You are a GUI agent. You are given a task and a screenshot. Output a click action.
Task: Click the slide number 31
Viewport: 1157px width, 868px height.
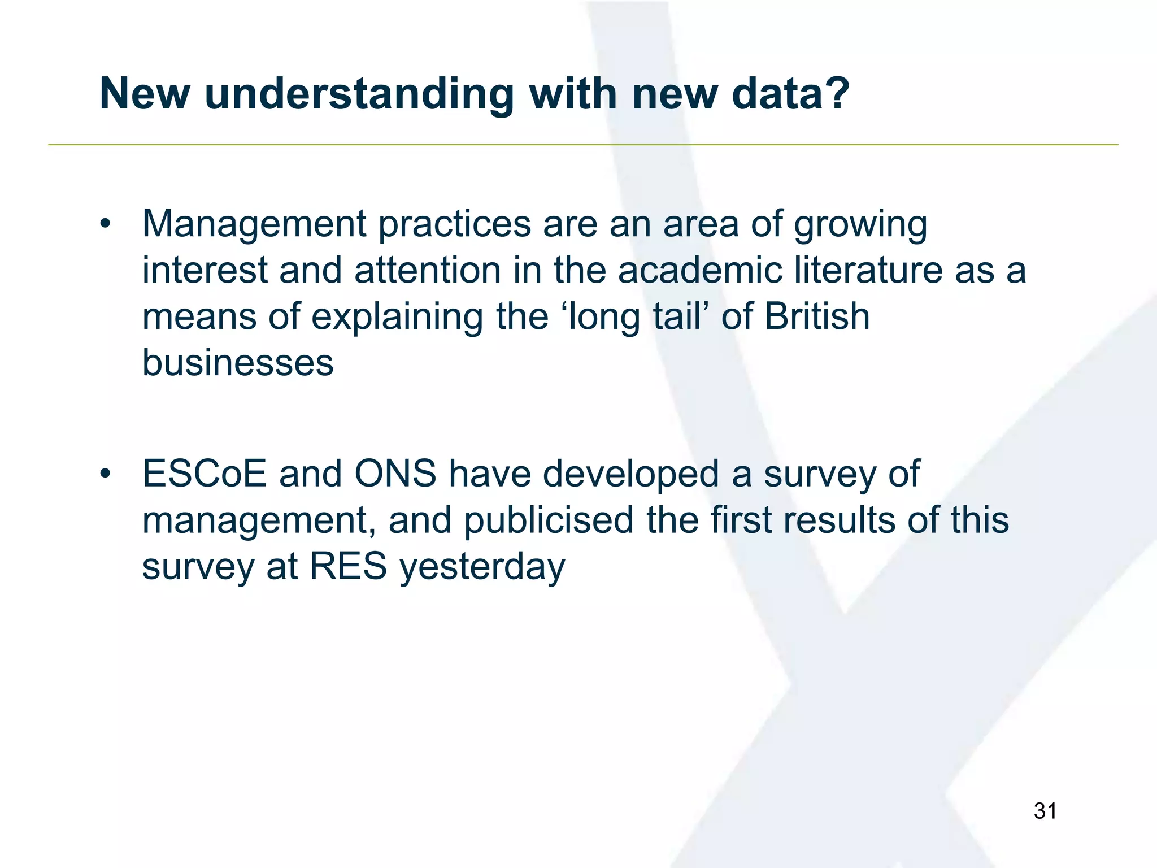tap(1045, 811)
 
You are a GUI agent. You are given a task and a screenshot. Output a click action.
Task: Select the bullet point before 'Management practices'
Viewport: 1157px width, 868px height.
tap(105, 224)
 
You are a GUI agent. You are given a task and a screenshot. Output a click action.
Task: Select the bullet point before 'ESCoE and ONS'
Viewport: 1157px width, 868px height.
tap(105, 474)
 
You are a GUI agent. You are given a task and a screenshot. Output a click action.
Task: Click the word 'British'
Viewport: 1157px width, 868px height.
tap(817, 316)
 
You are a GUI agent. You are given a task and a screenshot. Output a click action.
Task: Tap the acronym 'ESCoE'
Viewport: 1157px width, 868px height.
tap(204, 474)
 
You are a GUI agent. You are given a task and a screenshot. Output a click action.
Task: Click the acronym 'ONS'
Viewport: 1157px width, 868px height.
tap(395, 474)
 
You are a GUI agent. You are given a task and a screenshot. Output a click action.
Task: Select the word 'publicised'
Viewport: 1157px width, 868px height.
tap(549, 520)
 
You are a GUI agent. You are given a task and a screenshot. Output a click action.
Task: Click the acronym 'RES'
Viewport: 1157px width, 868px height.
tap(348, 566)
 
